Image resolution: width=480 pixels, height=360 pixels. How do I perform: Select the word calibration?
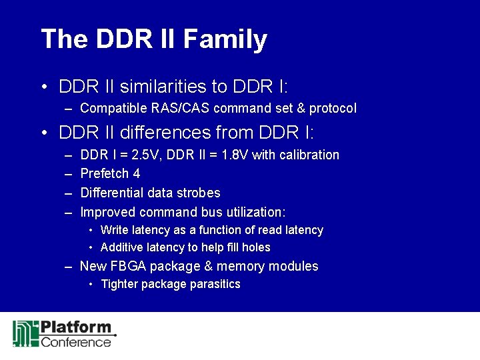pyautogui.click(x=308, y=155)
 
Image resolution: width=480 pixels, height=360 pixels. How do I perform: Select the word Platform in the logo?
pyautogui.click(x=76, y=328)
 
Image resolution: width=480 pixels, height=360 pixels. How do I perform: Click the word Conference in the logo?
pyautogui.click(x=76, y=342)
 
